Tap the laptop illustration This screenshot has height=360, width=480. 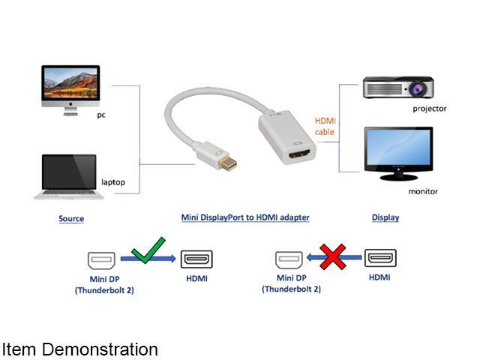pyautogui.click(x=69, y=177)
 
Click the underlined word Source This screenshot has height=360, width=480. pyautogui.click(x=71, y=219)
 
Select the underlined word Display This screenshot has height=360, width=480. pyautogui.click(x=385, y=217)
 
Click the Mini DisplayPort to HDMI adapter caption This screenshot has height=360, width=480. pyautogui.click(x=245, y=217)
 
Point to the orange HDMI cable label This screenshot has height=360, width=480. pyautogui.click(x=325, y=126)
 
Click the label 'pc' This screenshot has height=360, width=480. pyautogui.click(x=101, y=115)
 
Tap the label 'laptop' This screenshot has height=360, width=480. pyautogui.click(x=113, y=182)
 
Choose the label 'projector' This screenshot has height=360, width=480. pyautogui.click(x=429, y=109)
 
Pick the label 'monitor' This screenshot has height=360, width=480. pyautogui.click(x=423, y=191)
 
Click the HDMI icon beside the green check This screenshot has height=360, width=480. pyautogui.click(x=196, y=260)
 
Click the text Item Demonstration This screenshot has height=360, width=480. pyautogui.click(x=80, y=349)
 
